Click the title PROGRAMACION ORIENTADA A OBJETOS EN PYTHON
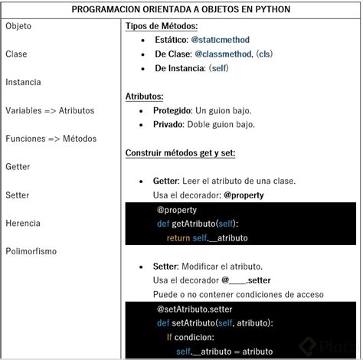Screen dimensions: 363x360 click(181, 10)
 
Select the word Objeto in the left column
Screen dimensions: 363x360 click(18, 26)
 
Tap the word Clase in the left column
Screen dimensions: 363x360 click(16, 54)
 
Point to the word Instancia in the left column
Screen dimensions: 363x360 click(23, 82)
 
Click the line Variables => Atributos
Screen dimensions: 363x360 click(50, 110)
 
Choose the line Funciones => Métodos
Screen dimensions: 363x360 click(51, 139)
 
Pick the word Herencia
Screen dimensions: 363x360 click(23, 223)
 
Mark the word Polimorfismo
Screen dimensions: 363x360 click(31, 251)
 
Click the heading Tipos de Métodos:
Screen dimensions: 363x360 click(161, 26)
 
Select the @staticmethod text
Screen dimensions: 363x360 click(220, 40)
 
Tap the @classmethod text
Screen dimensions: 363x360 click(223, 54)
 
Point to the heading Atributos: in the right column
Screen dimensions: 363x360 click(144, 96)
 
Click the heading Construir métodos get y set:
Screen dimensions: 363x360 click(180, 152)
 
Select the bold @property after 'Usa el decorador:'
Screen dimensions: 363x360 click(244, 195)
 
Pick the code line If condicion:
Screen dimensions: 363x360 click(191, 337)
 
